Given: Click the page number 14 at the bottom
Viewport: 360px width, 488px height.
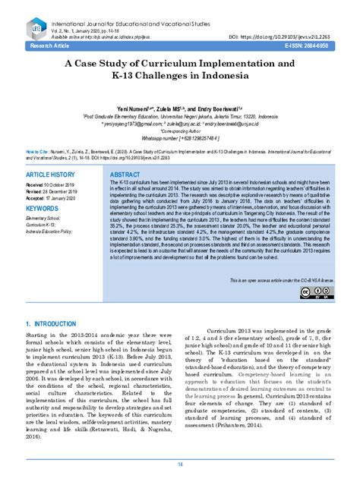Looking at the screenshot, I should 180,464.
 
